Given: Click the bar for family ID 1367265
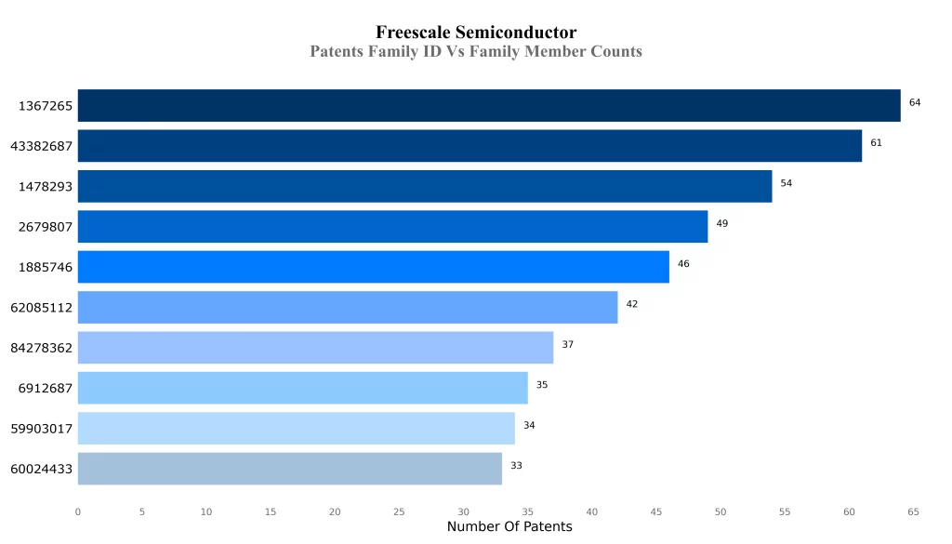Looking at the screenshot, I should click(489, 105).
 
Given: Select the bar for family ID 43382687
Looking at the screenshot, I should click(469, 146).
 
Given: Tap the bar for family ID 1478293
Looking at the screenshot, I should click(425, 186).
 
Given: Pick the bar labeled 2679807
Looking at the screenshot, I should click(392, 227).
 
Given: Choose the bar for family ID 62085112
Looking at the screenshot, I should click(348, 307).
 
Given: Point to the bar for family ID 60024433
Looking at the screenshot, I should click(289, 469).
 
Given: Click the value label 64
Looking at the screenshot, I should click(915, 102).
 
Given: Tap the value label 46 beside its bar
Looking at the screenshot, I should click(683, 264).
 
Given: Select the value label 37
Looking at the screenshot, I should click(567, 345).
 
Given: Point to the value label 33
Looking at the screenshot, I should click(516, 466).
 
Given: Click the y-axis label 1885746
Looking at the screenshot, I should click(46, 268).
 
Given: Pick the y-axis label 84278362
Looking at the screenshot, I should click(42, 349).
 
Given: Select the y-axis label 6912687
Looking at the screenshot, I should click(46, 389).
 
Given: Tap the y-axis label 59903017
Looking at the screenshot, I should click(42, 429).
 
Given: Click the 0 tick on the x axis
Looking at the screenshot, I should click(78, 511).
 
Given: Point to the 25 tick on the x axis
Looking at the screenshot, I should click(399, 511).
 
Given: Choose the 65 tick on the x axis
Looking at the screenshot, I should click(913, 511).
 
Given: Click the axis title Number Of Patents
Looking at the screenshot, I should click(509, 527).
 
